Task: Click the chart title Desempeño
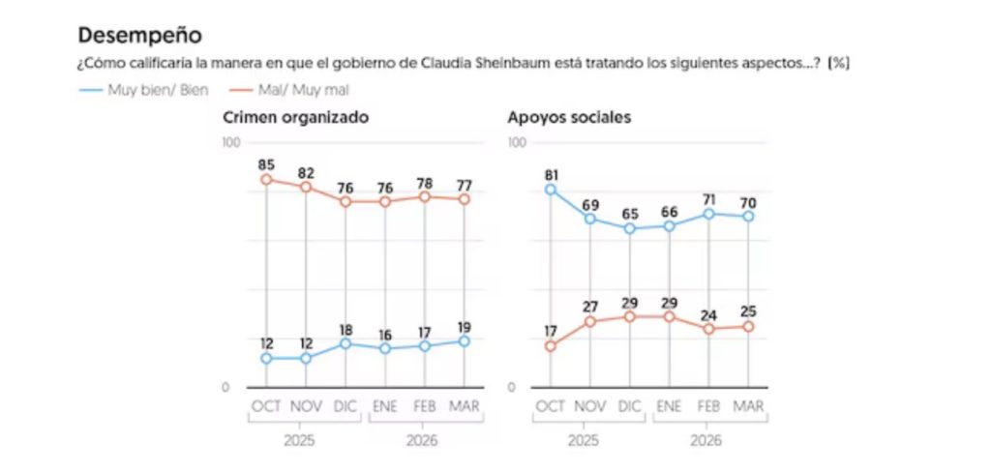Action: point(139,35)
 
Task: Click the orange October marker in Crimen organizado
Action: point(265,179)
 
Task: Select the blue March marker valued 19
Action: point(465,340)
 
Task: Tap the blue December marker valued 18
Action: point(345,343)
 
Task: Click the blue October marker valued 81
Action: point(550,190)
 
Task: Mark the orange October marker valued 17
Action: point(550,346)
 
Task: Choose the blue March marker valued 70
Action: point(748,217)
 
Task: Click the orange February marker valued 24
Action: point(708,329)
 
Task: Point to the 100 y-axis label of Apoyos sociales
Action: point(517,143)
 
